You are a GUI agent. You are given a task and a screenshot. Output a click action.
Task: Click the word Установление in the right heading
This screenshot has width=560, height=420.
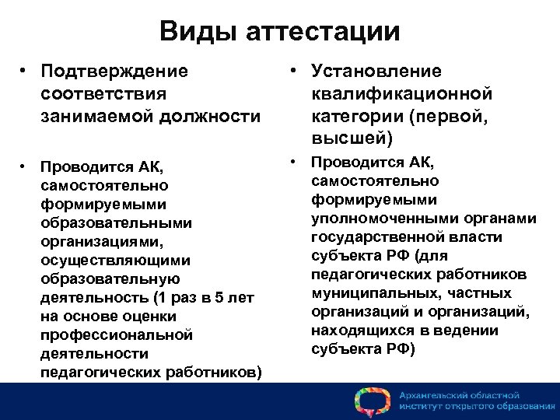[376, 72]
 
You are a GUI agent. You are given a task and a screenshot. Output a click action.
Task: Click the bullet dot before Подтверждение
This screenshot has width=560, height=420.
[26, 72]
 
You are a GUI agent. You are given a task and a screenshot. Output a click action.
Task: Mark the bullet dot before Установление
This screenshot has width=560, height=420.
[289, 72]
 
